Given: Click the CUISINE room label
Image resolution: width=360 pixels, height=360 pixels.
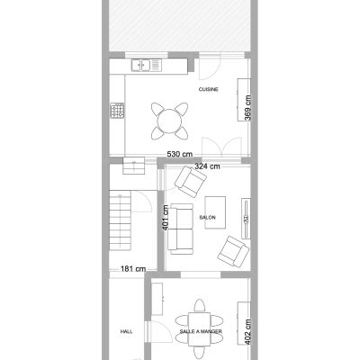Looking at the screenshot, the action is [x=209, y=89].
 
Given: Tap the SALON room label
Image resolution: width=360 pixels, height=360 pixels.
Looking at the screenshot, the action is [x=207, y=218].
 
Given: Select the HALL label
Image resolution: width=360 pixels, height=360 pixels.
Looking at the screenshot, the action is [x=126, y=331].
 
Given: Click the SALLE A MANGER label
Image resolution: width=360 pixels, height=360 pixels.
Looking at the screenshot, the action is [x=201, y=331].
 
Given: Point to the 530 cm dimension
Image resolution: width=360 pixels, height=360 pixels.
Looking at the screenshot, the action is [x=180, y=154].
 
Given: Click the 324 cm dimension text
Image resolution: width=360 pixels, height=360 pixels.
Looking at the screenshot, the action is [x=207, y=166].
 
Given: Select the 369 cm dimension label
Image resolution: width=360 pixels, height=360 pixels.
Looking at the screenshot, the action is [x=247, y=108].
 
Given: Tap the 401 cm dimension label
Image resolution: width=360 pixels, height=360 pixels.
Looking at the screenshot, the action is [x=166, y=218].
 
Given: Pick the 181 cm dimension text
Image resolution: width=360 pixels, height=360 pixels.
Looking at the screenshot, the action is [x=133, y=269].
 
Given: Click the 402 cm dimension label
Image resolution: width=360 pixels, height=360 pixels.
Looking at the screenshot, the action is [x=247, y=332].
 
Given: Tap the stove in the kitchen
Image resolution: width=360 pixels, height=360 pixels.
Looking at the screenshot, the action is [x=117, y=111].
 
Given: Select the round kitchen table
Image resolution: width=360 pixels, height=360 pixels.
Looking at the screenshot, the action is [x=169, y=121].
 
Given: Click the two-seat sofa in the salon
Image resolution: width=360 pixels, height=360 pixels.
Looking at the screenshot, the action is [x=180, y=229].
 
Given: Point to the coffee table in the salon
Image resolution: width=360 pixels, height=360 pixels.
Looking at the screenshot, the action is [x=215, y=212].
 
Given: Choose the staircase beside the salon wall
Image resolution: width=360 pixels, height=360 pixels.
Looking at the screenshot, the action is [x=120, y=220].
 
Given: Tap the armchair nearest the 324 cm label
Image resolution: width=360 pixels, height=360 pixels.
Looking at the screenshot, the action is [x=191, y=182].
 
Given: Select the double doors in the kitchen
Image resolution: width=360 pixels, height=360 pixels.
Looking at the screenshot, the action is [x=221, y=147].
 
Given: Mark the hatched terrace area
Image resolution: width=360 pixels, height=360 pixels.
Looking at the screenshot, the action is [x=179, y=25].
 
